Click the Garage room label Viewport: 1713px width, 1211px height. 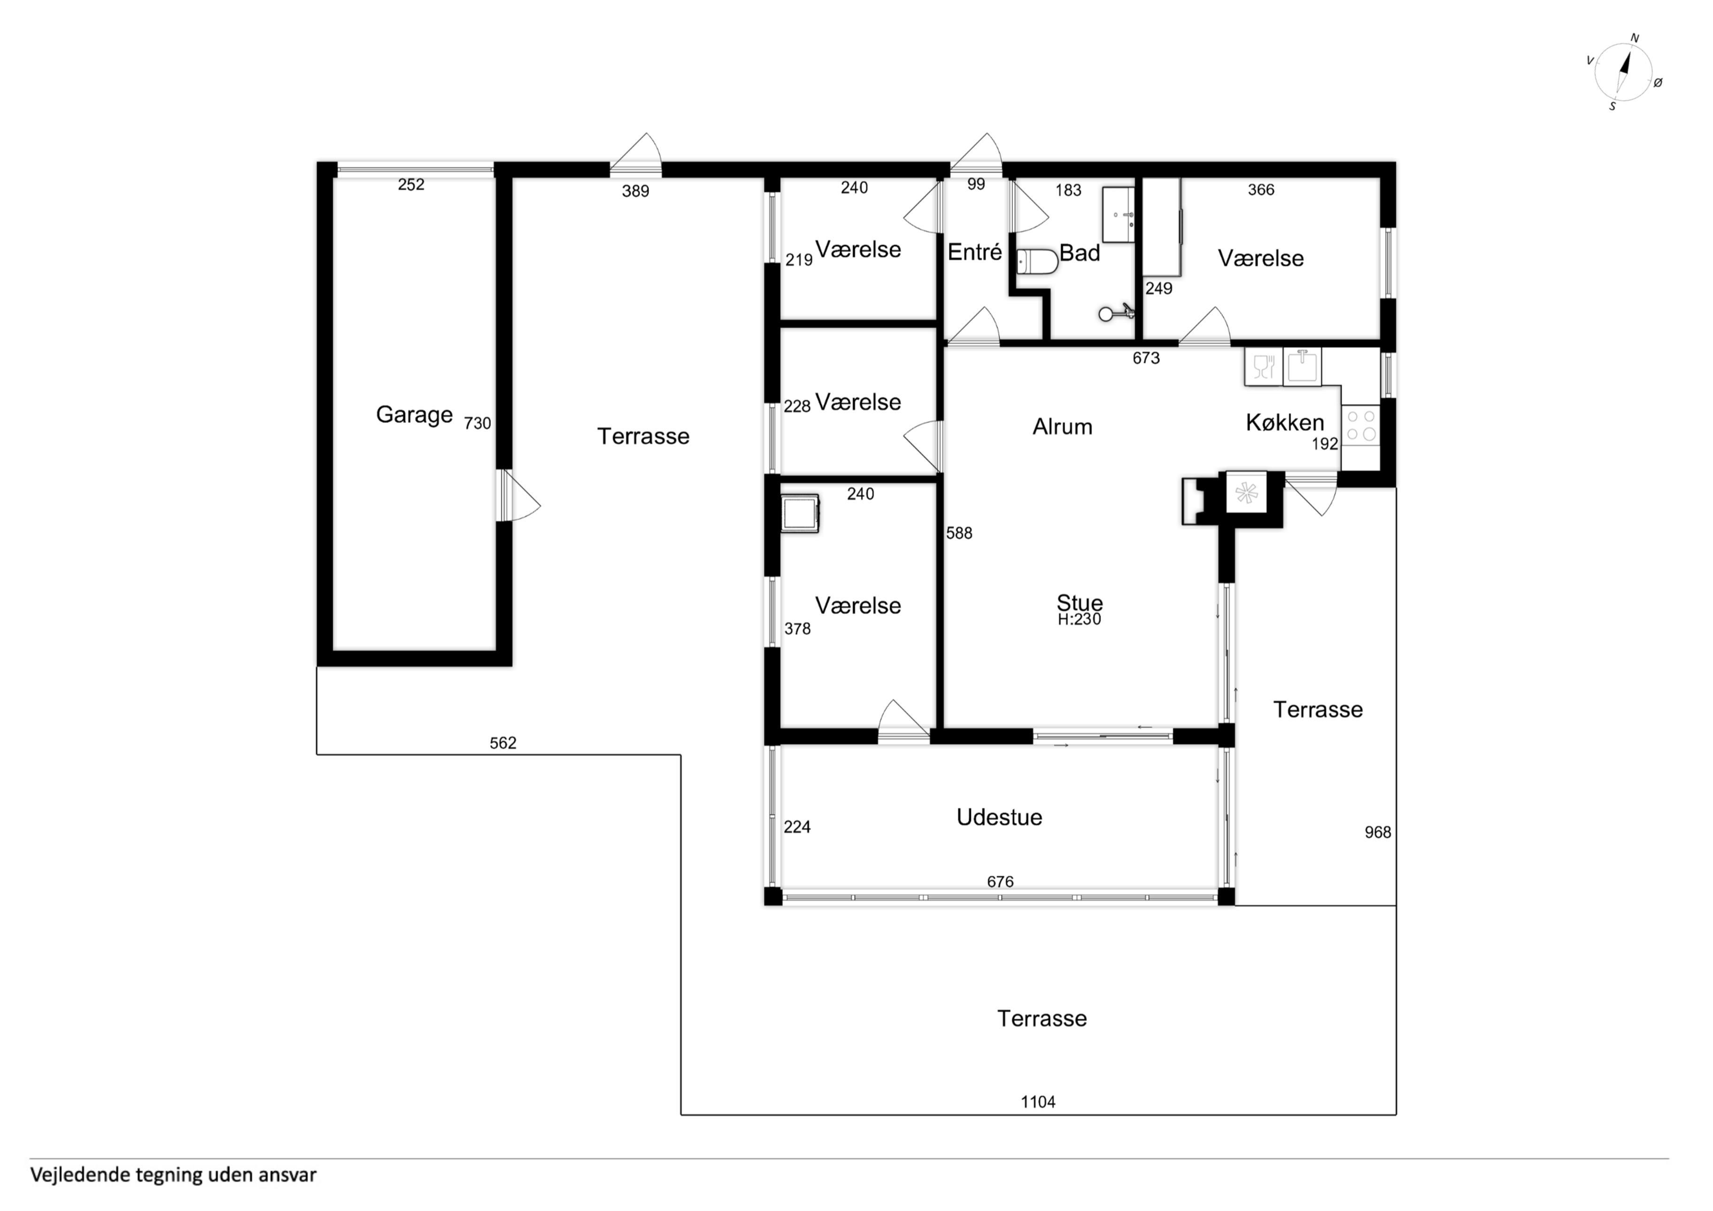pyautogui.click(x=414, y=415)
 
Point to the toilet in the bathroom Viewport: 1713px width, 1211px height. pyautogui.click(x=1038, y=262)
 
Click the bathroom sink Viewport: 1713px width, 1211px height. pyautogui.click(x=1119, y=215)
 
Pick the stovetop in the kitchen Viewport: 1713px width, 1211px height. pyautogui.click(x=1361, y=425)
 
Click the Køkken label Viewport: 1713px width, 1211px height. pyautogui.click(x=1285, y=423)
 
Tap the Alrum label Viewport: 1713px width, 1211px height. pyautogui.click(x=1063, y=427)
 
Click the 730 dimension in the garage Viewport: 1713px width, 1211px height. pyautogui.click(x=478, y=423)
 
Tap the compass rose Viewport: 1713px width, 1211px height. pyautogui.click(x=1623, y=72)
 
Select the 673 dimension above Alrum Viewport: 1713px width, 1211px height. pyautogui.click(x=1146, y=358)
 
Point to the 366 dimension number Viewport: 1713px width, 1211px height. pyautogui.click(x=1261, y=190)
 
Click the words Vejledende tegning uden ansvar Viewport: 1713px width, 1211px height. pyautogui.click(x=173, y=1175)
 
